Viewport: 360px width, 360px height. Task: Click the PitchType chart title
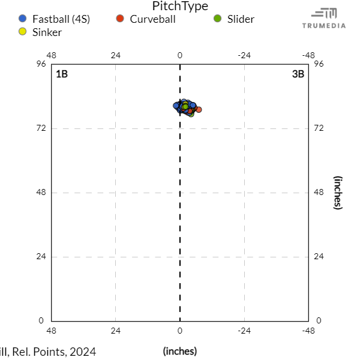pos(180,7)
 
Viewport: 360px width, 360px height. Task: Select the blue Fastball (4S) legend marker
pos(23,19)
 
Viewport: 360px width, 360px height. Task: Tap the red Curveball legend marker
pos(119,19)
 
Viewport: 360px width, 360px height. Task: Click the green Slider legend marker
pos(217,19)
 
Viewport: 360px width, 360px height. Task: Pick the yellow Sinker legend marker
pos(23,32)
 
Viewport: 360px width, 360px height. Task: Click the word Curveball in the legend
pos(152,19)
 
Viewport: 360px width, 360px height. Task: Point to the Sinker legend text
pos(47,32)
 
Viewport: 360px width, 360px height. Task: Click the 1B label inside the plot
pos(62,74)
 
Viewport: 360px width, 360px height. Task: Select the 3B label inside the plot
pos(298,74)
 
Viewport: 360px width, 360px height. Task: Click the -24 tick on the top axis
pos(244,55)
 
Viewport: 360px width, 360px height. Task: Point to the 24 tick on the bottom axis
pos(116,331)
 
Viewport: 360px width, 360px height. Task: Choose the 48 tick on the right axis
pos(319,193)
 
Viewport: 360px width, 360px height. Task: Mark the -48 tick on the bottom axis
pos(308,331)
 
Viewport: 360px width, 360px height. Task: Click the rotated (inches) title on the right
pos(338,193)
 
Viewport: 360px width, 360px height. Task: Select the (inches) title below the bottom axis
pos(180,351)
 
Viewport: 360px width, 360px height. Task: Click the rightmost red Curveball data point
pos(199,109)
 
